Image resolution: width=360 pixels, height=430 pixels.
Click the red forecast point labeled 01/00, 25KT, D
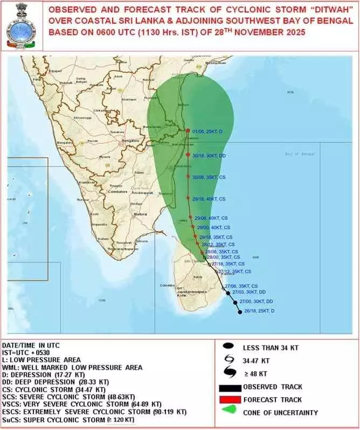pos(188,131)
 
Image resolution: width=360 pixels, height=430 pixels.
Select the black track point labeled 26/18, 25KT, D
pos(240,312)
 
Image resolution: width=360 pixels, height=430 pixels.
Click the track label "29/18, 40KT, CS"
pos(209,199)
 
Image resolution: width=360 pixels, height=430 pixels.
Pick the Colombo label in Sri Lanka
pos(165,285)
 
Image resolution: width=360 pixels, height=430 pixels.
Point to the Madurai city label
pos(140,214)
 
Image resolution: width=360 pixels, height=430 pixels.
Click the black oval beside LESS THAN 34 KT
pos(233,348)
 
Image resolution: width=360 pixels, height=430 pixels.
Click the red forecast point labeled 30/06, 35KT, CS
pos(188,177)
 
